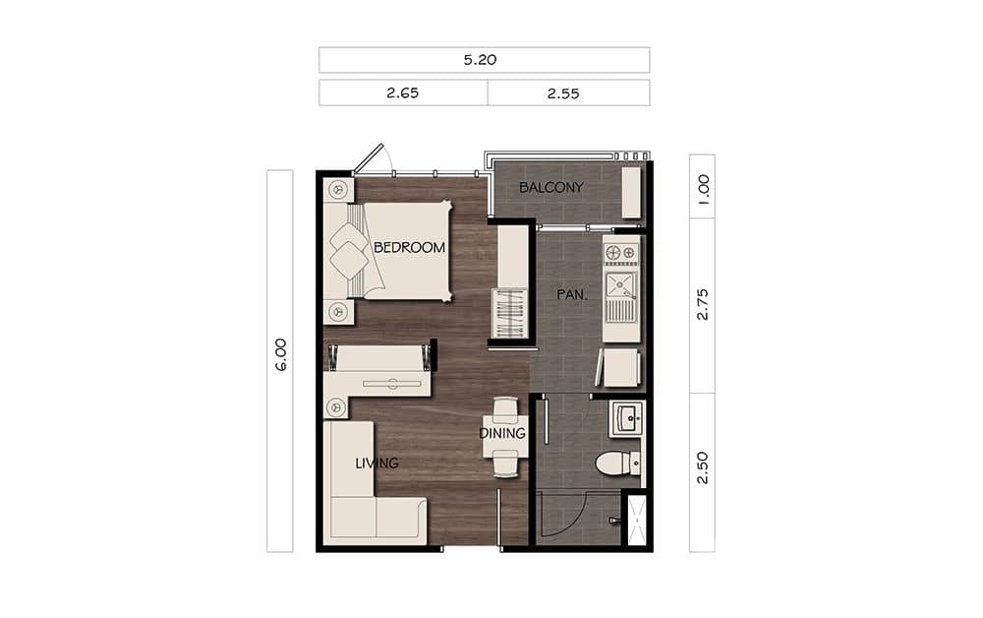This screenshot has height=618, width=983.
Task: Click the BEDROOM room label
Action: click(409, 248)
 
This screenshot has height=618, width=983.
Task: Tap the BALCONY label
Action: click(551, 187)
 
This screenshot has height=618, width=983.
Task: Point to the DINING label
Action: click(502, 433)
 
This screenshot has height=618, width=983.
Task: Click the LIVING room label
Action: click(376, 463)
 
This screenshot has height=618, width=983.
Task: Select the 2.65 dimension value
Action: click(403, 93)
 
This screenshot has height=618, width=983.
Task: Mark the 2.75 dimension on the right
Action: click(702, 304)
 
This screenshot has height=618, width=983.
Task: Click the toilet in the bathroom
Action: click(616, 463)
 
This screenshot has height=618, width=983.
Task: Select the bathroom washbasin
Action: click(625, 418)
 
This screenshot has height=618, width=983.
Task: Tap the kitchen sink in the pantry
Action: click(621, 286)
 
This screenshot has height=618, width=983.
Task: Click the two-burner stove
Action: click(621, 253)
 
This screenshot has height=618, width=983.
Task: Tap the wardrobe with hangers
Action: click(512, 313)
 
